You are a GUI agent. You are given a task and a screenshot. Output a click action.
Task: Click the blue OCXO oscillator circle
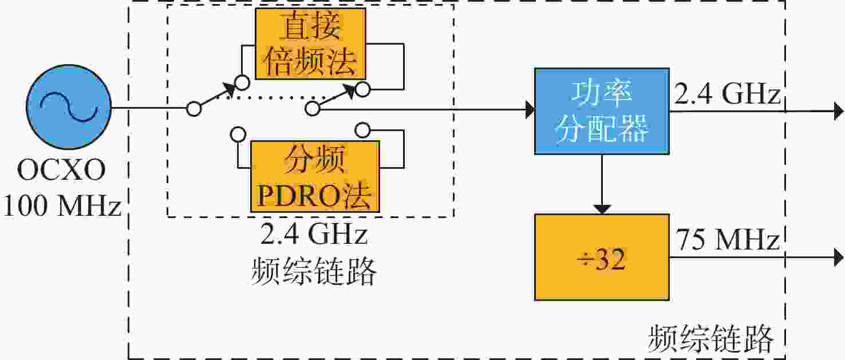point(69,107)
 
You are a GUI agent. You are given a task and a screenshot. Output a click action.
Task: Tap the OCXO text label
point(61,170)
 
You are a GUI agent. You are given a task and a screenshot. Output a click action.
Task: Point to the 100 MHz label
point(62,206)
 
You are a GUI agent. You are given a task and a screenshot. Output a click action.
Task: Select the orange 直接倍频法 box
point(310,43)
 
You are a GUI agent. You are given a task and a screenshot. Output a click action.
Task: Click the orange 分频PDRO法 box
point(315,176)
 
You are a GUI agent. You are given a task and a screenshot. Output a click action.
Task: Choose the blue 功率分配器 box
point(602,111)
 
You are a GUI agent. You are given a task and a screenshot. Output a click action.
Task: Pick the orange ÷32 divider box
point(602,258)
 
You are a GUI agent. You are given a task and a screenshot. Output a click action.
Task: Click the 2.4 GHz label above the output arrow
point(727,93)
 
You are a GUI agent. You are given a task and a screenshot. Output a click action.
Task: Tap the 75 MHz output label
point(727,240)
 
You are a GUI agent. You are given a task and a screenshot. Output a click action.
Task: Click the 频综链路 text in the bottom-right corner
point(710,339)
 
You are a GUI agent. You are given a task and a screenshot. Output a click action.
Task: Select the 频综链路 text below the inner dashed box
point(314,271)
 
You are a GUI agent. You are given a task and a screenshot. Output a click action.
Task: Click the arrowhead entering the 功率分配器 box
point(530,110)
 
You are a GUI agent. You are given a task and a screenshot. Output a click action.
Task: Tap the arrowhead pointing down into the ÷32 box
point(602,209)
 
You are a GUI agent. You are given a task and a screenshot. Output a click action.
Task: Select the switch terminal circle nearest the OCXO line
point(194,109)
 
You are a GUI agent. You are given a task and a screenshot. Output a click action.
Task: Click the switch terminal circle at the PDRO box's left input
point(238,134)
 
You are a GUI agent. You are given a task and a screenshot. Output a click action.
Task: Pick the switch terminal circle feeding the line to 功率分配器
point(313,109)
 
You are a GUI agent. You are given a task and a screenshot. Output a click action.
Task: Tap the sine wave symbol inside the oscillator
point(69,107)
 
